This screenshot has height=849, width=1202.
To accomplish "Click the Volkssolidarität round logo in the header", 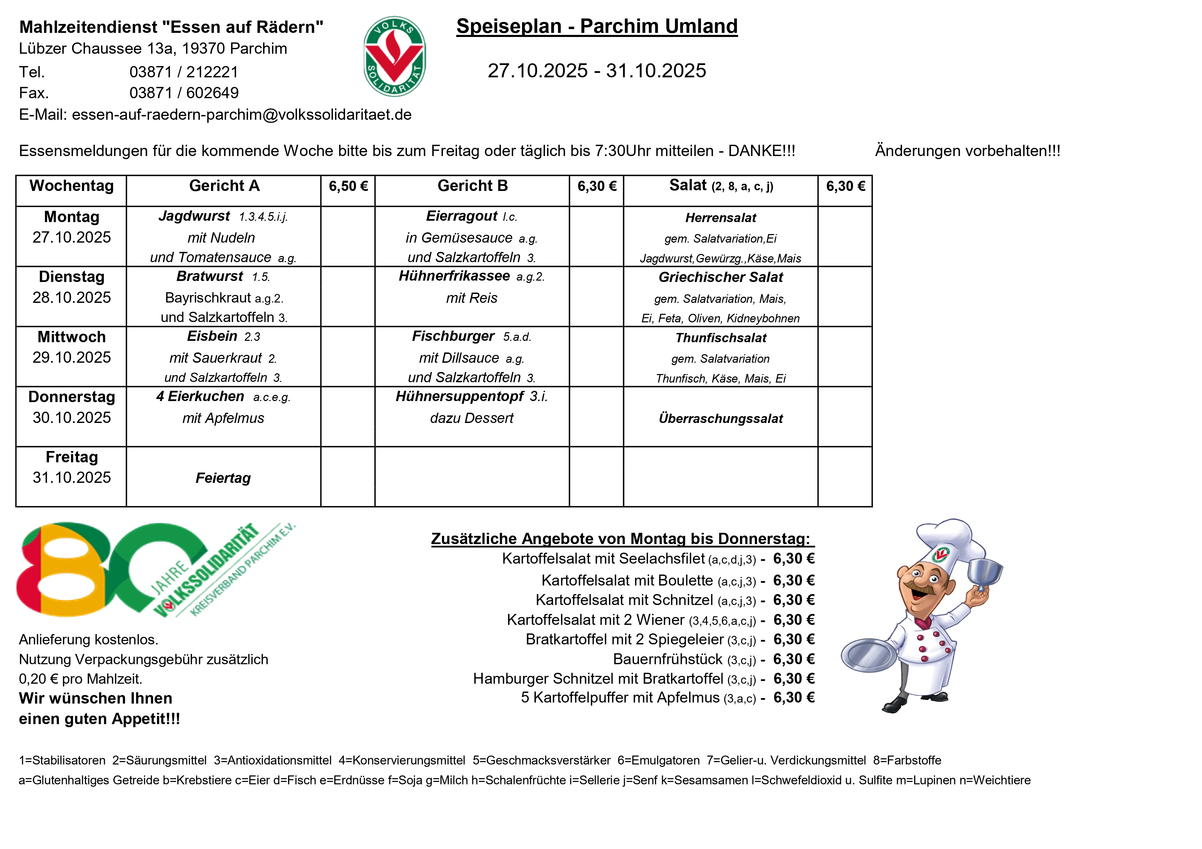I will click(394, 56).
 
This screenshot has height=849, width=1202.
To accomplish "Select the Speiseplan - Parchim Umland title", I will click(596, 26).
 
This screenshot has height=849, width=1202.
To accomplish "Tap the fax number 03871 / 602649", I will click(184, 93).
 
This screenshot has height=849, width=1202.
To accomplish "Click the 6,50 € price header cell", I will click(348, 186).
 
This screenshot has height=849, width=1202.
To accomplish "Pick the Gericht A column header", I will click(224, 186).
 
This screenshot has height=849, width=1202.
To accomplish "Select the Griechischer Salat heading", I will click(720, 277).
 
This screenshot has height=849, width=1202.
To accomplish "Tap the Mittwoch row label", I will click(72, 337).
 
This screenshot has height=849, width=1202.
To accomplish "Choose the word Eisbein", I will click(212, 336).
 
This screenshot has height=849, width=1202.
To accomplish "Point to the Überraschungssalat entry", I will click(720, 419).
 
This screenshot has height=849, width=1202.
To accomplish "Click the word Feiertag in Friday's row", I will click(223, 478).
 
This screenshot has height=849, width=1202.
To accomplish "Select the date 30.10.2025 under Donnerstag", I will click(72, 417).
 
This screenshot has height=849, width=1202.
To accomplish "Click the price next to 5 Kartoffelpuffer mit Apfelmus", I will click(794, 698).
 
